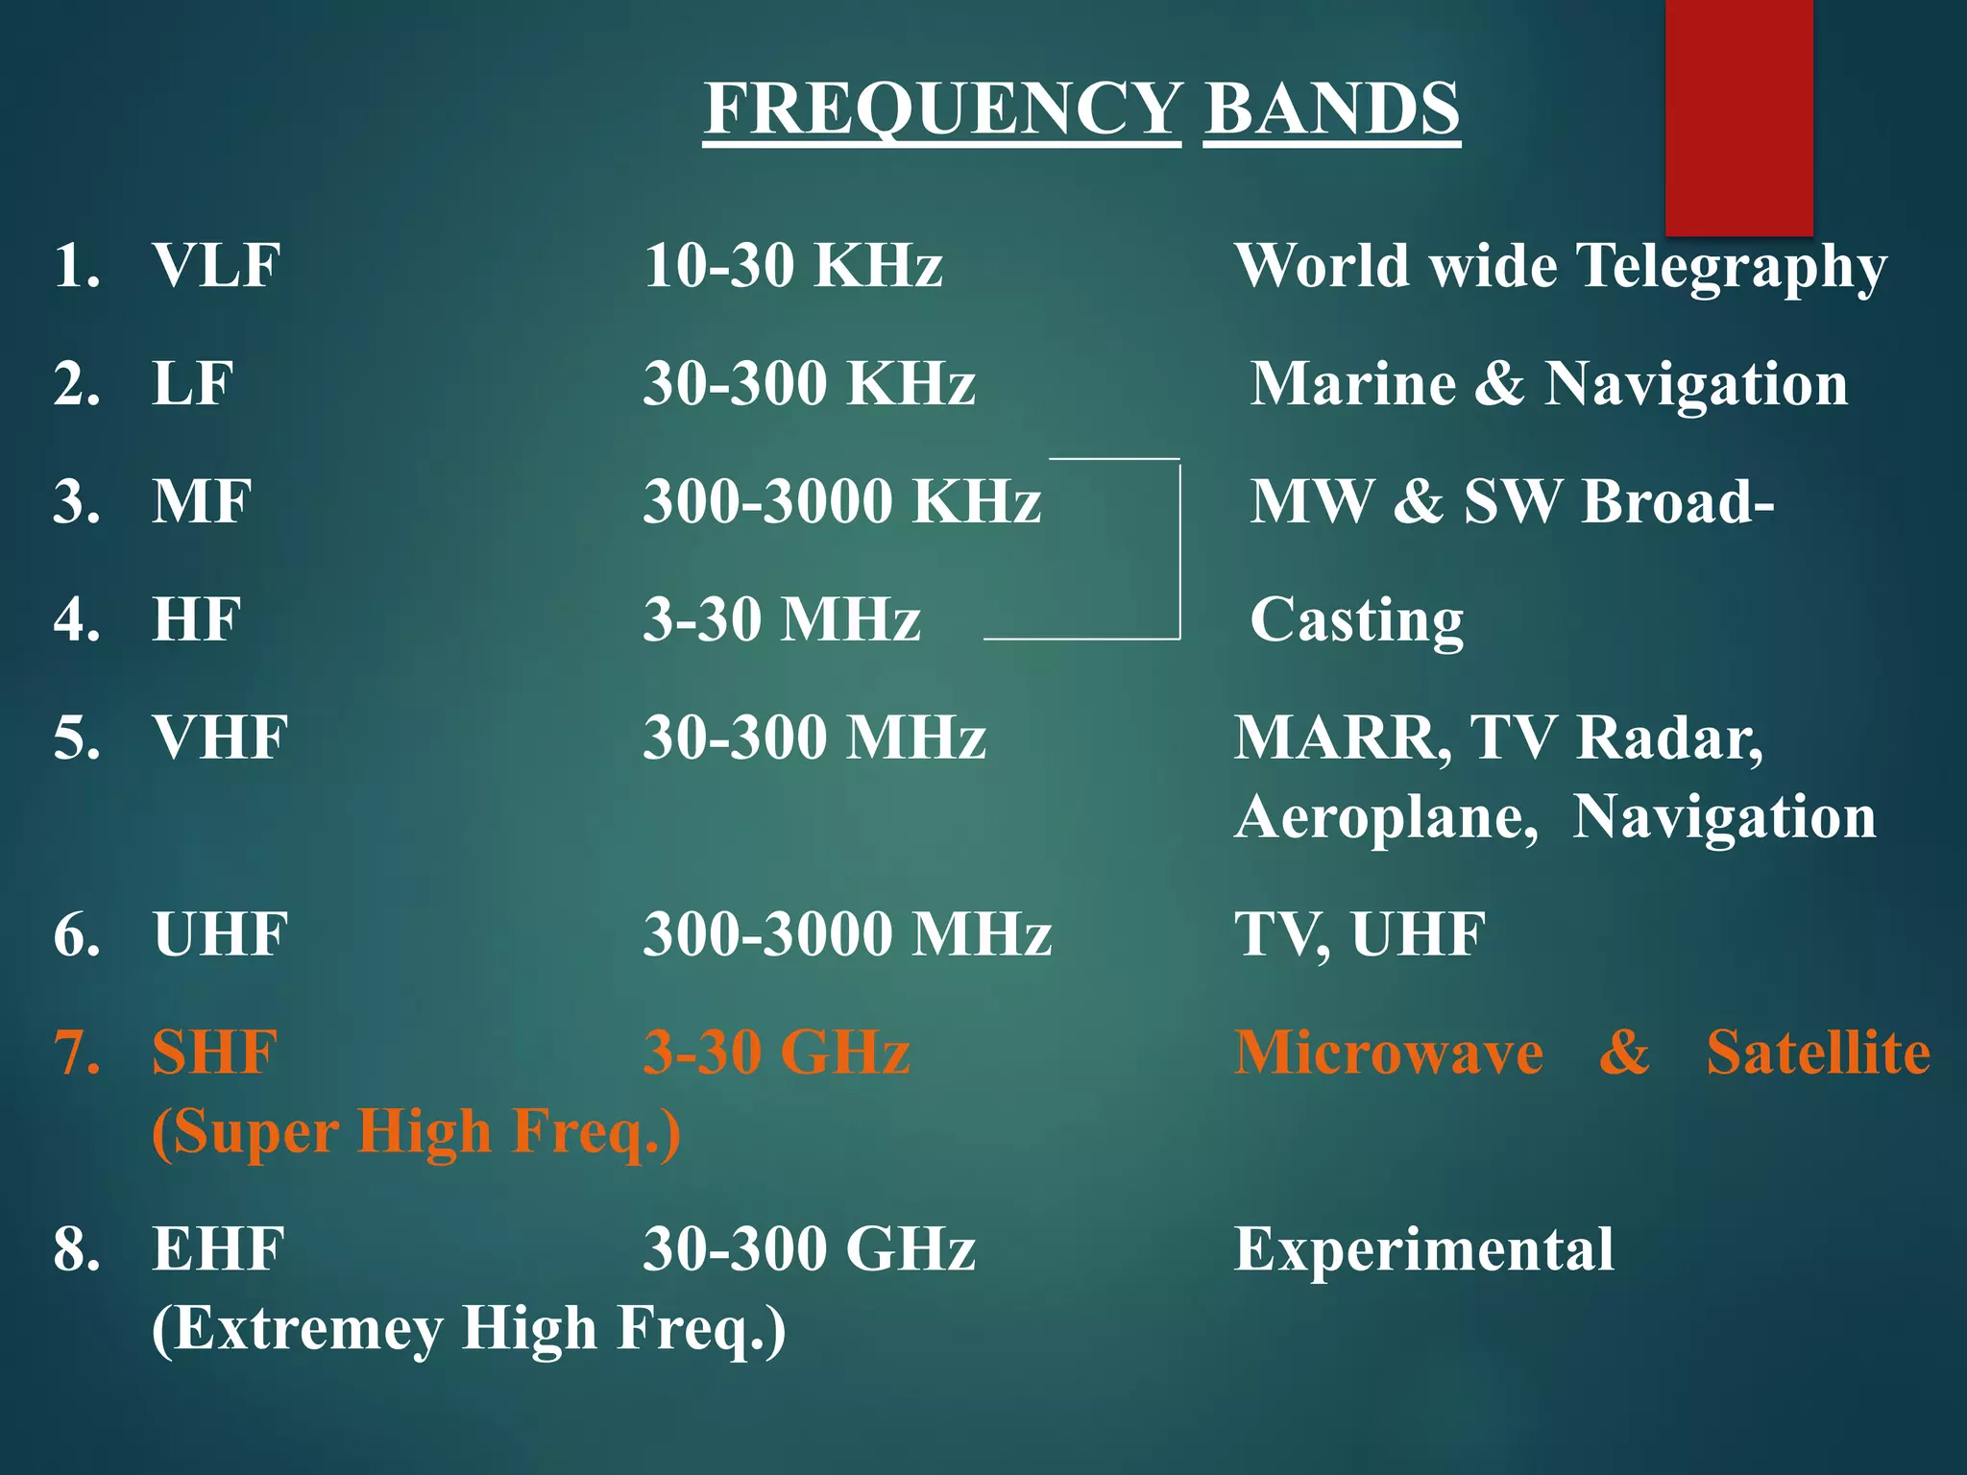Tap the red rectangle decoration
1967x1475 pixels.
click(x=1738, y=115)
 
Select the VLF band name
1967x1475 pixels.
click(x=216, y=266)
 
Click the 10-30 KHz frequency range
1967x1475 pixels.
click(x=792, y=266)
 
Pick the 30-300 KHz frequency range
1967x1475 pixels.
click(x=809, y=384)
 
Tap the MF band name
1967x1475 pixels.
click(x=202, y=502)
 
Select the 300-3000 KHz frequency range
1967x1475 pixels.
click(x=841, y=502)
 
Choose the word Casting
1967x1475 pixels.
click(x=1356, y=620)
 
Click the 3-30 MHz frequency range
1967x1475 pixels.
click(x=781, y=620)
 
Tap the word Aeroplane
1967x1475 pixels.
click(x=1386, y=818)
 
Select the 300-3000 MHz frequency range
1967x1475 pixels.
click(x=847, y=934)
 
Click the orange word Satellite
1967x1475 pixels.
click(x=1817, y=1052)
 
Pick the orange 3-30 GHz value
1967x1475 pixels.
click(x=776, y=1052)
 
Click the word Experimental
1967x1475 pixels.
click(x=1423, y=1250)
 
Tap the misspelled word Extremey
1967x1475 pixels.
click(x=298, y=1329)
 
